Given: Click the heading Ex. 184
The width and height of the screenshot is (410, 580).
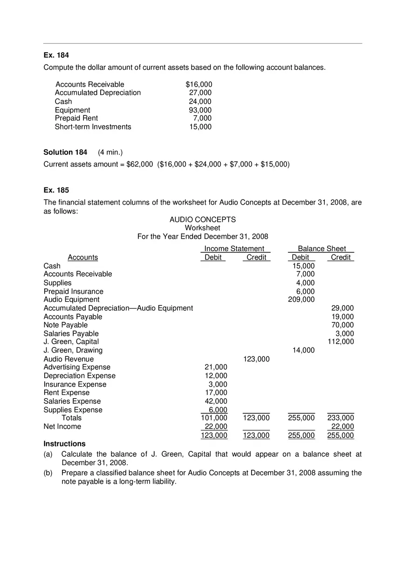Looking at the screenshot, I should [56, 55].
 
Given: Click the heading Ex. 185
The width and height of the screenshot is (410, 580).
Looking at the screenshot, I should [56, 190].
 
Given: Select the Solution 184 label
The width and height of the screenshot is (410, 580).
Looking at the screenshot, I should [65, 152].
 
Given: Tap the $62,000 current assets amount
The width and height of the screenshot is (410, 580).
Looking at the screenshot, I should [139, 164].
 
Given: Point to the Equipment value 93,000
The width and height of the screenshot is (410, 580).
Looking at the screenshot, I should [200, 110].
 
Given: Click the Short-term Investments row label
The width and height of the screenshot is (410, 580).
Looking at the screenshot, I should [93, 127].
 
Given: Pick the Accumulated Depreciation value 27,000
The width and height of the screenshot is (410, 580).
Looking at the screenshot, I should [200, 93].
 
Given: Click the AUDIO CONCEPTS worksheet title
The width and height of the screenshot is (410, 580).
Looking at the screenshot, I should [203, 219].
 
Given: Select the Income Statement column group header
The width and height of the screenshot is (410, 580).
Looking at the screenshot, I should [234, 248].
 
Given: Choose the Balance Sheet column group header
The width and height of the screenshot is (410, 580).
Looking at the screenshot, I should [322, 248].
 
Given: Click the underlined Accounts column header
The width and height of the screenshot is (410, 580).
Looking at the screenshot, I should [83, 257].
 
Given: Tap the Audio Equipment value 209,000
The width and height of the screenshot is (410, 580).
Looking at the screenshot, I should [301, 300].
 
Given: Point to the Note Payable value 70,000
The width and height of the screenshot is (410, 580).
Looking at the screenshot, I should [342, 325].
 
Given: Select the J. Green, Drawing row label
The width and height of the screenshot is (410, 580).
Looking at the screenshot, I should [73, 350].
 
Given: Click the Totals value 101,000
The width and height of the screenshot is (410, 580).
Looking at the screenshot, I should [214, 418].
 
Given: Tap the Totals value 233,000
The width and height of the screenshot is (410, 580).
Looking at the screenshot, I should [341, 418].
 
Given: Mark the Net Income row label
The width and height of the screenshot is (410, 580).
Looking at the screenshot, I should [62, 426].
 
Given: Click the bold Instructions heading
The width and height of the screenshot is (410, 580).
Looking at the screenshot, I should [64, 444].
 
